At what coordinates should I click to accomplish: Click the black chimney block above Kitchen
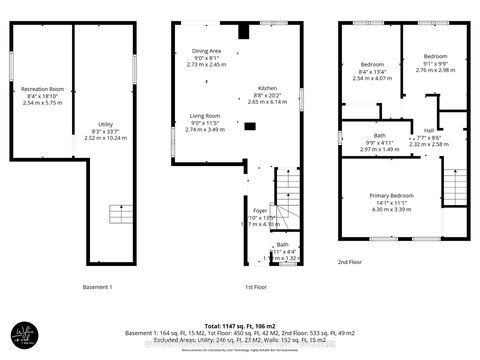point(242,30)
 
